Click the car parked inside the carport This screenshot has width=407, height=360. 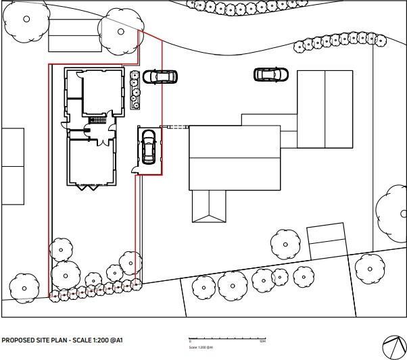pyautogui.click(x=148, y=147)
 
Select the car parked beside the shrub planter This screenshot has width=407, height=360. pyautogui.click(x=160, y=76)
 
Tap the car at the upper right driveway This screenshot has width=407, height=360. pyautogui.click(x=270, y=74)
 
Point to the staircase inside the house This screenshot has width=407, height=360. pyautogui.click(x=98, y=120)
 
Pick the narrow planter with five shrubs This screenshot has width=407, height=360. pyautogui.click(x=135, y=89)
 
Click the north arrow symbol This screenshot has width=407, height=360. pyautogui.click(x=393, y=346)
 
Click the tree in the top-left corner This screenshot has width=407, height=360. pyautogui.click(x=26, y=18)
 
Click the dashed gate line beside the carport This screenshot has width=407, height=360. pyautogui.click(x=176, y=127)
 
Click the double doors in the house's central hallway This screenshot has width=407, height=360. pyautogui.click(x=100, y=140)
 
